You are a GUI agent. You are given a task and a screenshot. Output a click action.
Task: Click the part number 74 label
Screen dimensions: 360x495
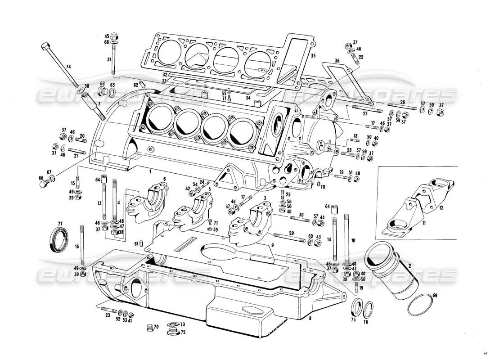(68, 67)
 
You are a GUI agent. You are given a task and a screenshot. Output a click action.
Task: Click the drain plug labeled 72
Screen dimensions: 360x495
(171, 332)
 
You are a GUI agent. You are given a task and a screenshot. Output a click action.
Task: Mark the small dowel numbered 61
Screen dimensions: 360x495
(141, 244)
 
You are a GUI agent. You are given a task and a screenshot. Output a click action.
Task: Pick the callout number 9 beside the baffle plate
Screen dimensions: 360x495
(272, 245)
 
